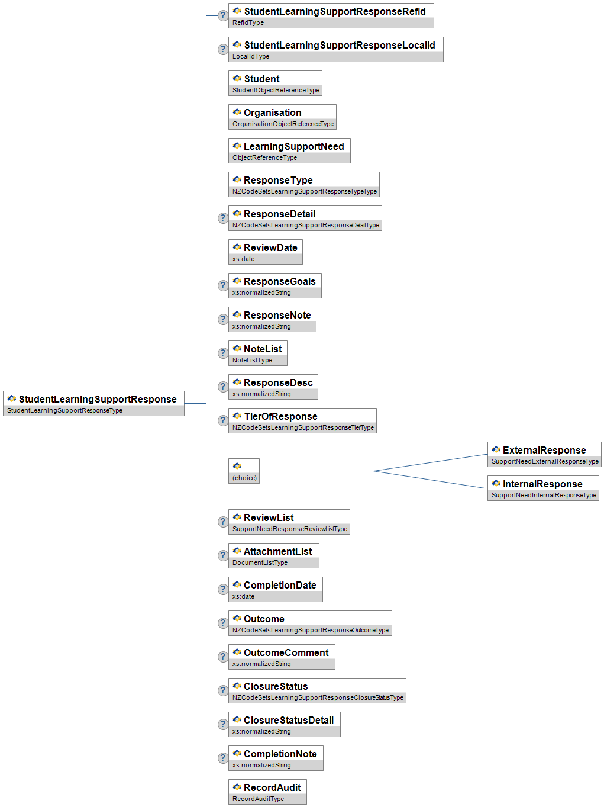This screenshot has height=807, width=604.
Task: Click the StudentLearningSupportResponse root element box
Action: (93, 403)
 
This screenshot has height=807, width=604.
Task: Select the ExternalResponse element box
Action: (544, 454)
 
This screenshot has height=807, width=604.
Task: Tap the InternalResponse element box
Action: (543, 488)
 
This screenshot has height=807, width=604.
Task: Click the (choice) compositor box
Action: (244, 471)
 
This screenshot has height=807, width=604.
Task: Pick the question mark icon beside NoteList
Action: (223, 353)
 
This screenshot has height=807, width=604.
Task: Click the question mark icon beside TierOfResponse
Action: (223, 420)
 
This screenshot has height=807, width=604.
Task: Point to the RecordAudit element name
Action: (272, 787)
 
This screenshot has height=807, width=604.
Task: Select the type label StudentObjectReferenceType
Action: (276, 90)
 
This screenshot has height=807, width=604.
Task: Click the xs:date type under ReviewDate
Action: (243, 259)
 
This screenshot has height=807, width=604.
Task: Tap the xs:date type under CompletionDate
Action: (243, 596)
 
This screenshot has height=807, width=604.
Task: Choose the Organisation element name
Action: (273, 112)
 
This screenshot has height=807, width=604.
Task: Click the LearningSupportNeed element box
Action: (289, 150)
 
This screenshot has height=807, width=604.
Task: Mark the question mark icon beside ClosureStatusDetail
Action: (223, 724)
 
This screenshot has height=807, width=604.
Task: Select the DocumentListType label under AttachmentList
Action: (260, 562)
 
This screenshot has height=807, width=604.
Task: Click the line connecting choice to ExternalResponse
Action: (430, 462)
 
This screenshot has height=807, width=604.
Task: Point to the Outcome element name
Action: (264, 619)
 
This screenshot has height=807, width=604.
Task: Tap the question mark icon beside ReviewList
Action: (223, 522)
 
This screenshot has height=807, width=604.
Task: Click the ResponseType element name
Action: (278, 180)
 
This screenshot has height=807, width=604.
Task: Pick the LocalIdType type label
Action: (251, 56)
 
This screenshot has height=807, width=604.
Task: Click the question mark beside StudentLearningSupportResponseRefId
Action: (223, 15)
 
